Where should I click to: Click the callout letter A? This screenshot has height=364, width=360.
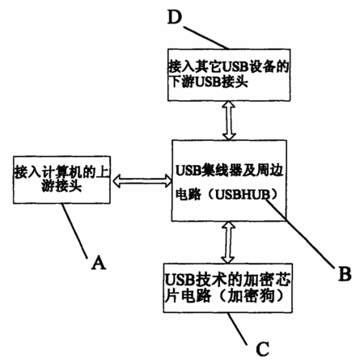pos(99,262)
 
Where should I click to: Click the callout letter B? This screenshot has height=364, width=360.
pos(345,274)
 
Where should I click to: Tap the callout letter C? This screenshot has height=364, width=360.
pos(262,349)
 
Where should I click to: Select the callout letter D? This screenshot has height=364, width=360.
pos(175,17)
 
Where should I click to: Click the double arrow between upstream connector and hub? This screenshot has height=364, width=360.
pos(142,180)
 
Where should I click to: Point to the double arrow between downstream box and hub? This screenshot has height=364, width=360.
pos(229,121)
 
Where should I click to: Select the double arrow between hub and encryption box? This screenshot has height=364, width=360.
pos(228,242)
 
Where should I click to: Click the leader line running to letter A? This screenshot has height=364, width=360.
pos(74,231)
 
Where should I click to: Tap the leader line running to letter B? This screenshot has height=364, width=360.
pos(301,234)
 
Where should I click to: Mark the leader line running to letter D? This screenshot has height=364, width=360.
pos(206,37)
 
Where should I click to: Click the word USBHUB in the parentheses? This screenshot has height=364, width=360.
pos(242,194)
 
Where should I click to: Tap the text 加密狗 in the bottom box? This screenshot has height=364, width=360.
pos(251,296)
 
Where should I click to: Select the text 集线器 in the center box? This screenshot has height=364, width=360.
pos(223,171)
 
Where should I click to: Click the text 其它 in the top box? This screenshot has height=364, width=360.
pos(208,66)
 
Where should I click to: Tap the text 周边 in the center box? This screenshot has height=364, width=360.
pos(270,171)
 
